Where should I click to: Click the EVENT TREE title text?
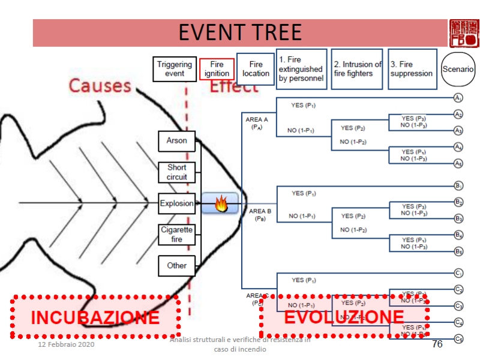click(x=240, y=32)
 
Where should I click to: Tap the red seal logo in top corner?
click(x=464, y=32)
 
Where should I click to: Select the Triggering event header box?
click(x=175, y=69)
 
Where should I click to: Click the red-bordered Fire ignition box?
click(x=217, y=70)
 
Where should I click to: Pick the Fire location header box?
click(x=256, y=69)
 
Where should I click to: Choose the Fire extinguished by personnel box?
click(x=301, y=69)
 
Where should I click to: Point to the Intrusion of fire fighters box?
click(x=357, y=69)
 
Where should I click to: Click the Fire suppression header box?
click(x=412, y=69)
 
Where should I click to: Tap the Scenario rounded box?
click(x=458, y=69)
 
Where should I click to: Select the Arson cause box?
click(x=177, y=141)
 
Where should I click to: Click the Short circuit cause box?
click(x=177, y=172)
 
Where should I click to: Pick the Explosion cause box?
click(x=177, y=203)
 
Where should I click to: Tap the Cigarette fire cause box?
click(x=177, y=235)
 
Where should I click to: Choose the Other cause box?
click(x=177, y=266)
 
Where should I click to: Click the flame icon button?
click(x=220, y=204)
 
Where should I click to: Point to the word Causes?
click(x=100, y=85)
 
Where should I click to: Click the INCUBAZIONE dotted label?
click(x=95, y=317)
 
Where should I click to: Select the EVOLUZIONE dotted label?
click(x=344, y=317)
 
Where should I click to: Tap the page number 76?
click(x=437, y=344)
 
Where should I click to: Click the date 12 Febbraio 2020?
click(x=66, y=346)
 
